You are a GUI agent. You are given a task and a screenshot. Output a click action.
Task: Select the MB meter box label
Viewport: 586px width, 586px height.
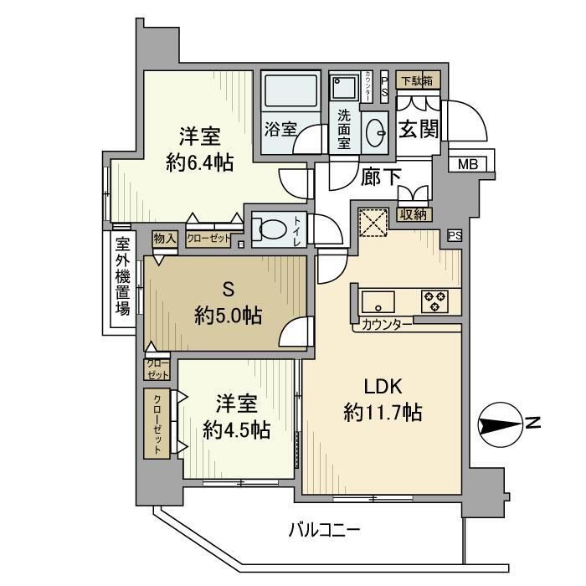[467, 164]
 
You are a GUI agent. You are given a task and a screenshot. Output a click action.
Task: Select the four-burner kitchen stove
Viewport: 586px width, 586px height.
[434, 301]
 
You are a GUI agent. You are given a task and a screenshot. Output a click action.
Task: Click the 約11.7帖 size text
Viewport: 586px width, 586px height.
[382, 412]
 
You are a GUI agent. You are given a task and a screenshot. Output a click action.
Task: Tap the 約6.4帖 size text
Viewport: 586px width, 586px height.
[199, 162]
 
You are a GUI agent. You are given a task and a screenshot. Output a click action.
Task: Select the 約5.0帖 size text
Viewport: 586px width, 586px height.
[228, 316]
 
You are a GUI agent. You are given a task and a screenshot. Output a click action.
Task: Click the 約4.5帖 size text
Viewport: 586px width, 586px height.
[238, 429]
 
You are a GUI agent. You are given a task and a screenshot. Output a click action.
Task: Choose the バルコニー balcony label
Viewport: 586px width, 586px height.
[324, 529]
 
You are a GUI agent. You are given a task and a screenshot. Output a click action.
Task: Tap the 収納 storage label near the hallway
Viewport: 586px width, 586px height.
[414, 215]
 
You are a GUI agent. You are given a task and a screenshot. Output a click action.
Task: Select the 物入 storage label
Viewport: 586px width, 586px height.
[165, 239]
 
